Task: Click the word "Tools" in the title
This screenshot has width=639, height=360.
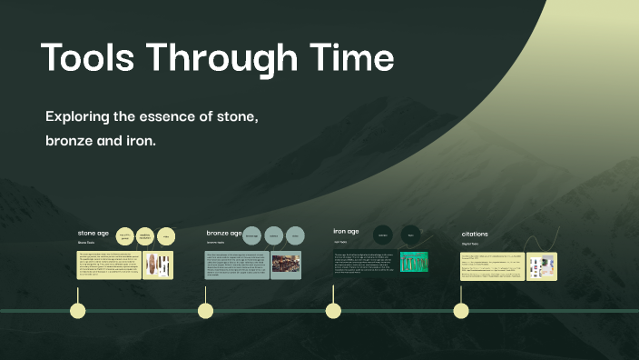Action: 87,58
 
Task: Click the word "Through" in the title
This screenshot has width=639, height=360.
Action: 221,58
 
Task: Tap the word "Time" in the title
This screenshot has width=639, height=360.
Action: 349,58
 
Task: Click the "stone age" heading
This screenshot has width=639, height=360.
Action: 93,234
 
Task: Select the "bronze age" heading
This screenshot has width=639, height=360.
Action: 223,233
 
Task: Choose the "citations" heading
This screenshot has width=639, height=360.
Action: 474,234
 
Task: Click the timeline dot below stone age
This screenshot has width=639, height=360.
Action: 78,311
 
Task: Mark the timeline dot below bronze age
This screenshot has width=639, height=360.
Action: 206,311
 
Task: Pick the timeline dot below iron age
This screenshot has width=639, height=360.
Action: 333,311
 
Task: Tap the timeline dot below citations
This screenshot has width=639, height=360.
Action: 461,311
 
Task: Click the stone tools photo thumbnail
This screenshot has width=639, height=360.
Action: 159,265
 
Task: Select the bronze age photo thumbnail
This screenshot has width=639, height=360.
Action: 286,264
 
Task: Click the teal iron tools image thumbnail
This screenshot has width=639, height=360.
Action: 414,262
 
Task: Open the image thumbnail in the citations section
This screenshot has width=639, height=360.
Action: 542,265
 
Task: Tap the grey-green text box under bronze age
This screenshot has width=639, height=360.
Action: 237,265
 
